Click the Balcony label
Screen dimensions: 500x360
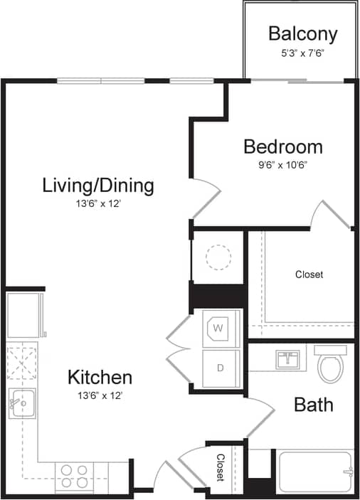(x=302, y=33)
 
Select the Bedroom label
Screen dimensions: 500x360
(x=282, y=147)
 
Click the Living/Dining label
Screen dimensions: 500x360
(x=98, y=186)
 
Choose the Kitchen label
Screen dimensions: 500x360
(x=100, y=377)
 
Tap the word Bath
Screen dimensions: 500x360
(x=314, y=405)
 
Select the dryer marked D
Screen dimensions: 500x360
(x=221, y=368)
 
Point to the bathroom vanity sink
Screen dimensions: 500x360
(x=289, y=359)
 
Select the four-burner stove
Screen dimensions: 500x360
(x=74, y=475)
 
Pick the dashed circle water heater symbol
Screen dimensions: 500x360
(x=218, y=256)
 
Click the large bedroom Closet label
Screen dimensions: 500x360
(x=309, y=274)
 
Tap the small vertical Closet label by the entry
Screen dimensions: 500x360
(x=221, y=467)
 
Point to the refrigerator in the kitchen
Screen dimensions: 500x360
(x=26, y=314)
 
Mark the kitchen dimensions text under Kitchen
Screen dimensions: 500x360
(x=100, y=395)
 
